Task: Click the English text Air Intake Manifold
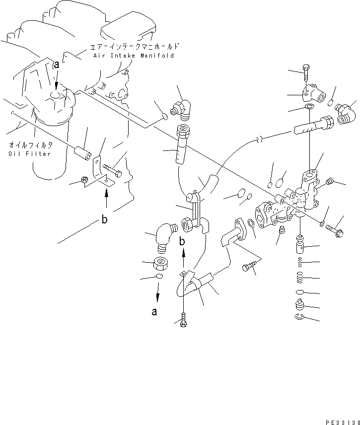[x=134, y=56]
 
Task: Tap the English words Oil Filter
[x=30, y=154]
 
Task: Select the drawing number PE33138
[x=340, y=420]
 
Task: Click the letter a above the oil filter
[x=57, y=65]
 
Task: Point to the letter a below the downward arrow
[x=154, y=312]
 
